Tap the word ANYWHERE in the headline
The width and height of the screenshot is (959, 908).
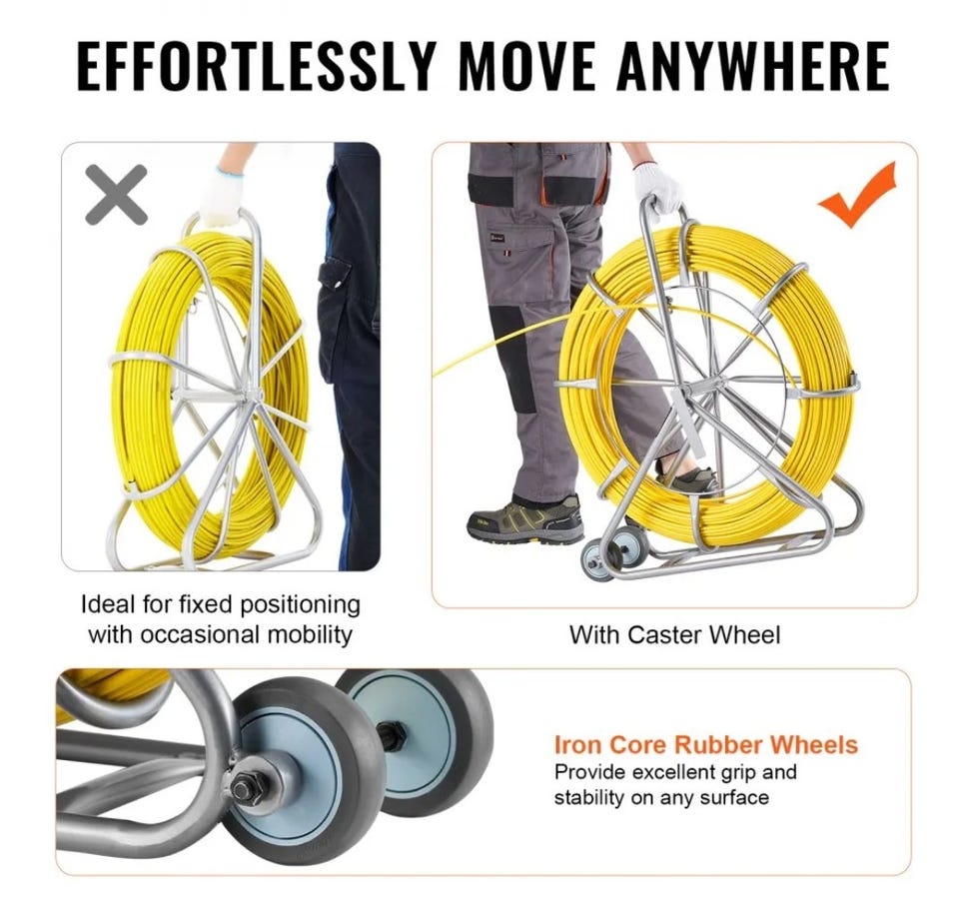[753, 67]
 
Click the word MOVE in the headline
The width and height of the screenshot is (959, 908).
[526, 67]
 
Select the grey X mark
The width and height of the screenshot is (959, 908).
[116, 195]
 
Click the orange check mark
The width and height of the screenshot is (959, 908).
[857, 195]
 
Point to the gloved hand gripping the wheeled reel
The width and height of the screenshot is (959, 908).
[657, 187]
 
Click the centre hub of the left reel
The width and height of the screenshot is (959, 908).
[252, 395]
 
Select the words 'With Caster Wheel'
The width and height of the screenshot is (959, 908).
[674, 634]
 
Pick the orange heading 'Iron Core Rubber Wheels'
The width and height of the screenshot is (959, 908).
[706, 745]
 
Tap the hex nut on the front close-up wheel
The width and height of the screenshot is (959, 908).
[247, 789]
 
